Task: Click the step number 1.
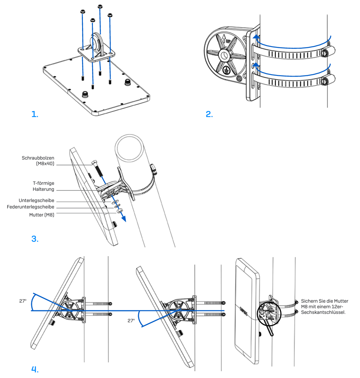tap(35, 114)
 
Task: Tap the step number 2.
tap(209, 114)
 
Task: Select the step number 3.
tap(35, 239)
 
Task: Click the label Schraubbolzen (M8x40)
tap(38, 161)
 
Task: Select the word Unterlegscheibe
tap(36, 200)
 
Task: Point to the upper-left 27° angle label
tap(22, 301)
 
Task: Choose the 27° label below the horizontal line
tap(131, 321)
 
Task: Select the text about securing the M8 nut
tap(324, 307)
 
